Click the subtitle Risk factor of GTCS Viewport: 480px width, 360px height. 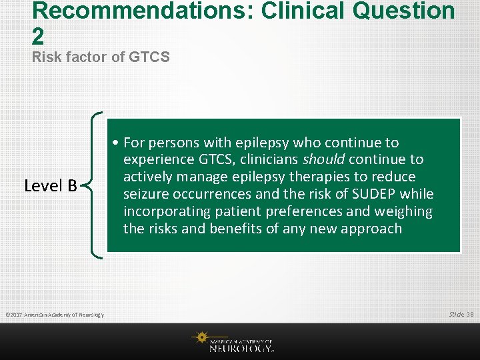[x=101, y=57]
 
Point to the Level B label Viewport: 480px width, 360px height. [x=51, y=185]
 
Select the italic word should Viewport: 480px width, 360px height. [x=324, y=160]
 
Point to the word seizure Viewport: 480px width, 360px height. [x=146, y=195]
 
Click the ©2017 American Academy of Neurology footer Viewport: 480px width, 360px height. [x=55, y=315]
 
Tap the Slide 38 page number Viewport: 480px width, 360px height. [x=461, y=314]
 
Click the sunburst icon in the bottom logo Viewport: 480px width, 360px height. [x=200, y=339]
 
